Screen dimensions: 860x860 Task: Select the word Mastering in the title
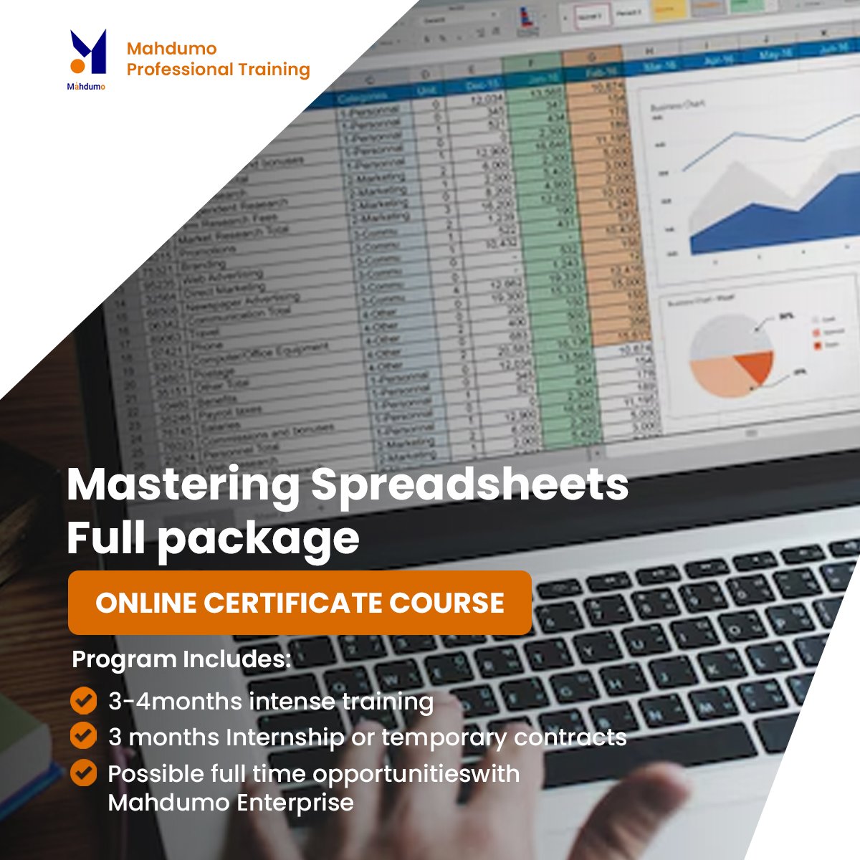click(183, 485)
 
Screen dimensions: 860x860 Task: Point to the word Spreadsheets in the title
click(469, 485)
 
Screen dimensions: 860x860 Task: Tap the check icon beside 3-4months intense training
click(84, 700)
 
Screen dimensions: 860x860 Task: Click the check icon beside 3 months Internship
click(84, 736)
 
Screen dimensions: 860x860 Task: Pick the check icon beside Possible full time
click(84, 773)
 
